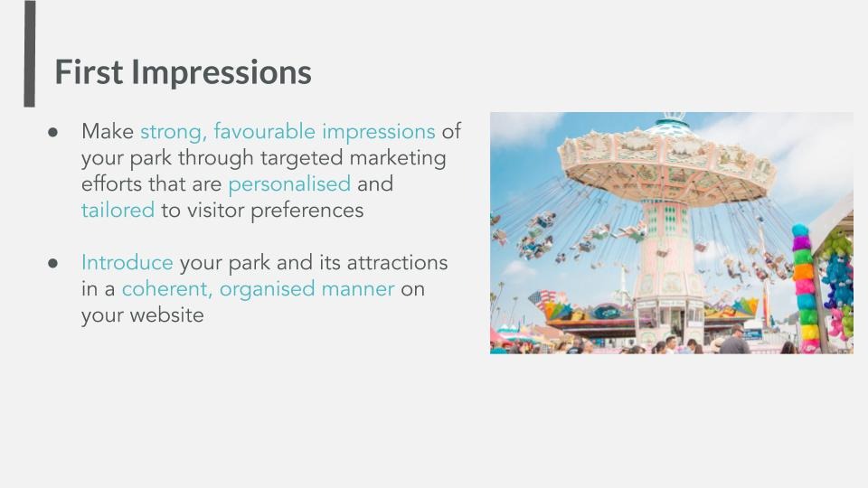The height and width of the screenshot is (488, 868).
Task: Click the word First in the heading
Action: [89, 72]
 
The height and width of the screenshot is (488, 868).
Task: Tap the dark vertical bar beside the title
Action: [29, 53]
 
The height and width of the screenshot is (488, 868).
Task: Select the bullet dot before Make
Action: [53, 132]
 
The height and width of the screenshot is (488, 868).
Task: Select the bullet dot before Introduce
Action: [53, 263]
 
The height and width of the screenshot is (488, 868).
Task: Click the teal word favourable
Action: [265, 132]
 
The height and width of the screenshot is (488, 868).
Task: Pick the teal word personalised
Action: [289, 184]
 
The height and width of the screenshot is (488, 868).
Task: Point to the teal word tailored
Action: [118, 211]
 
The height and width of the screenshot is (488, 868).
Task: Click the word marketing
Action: [398, 159]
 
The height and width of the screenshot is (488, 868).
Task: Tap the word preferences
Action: [307, 211]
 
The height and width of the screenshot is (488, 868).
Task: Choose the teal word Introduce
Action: [127, 263]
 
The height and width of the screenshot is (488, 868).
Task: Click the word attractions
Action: [398, 263]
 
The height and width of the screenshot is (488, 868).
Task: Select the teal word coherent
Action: [166, 289]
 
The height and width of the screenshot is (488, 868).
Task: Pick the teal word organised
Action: [268, 290]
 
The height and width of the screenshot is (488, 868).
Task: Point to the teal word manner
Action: [358, 290]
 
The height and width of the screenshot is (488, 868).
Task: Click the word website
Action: [166, 315]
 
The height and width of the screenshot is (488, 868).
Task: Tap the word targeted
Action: [302, 159]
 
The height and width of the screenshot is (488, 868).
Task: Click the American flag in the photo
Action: [538, 299]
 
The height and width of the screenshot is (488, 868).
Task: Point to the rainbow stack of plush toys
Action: [805, 286]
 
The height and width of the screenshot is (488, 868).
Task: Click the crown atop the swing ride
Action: [674, 116]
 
